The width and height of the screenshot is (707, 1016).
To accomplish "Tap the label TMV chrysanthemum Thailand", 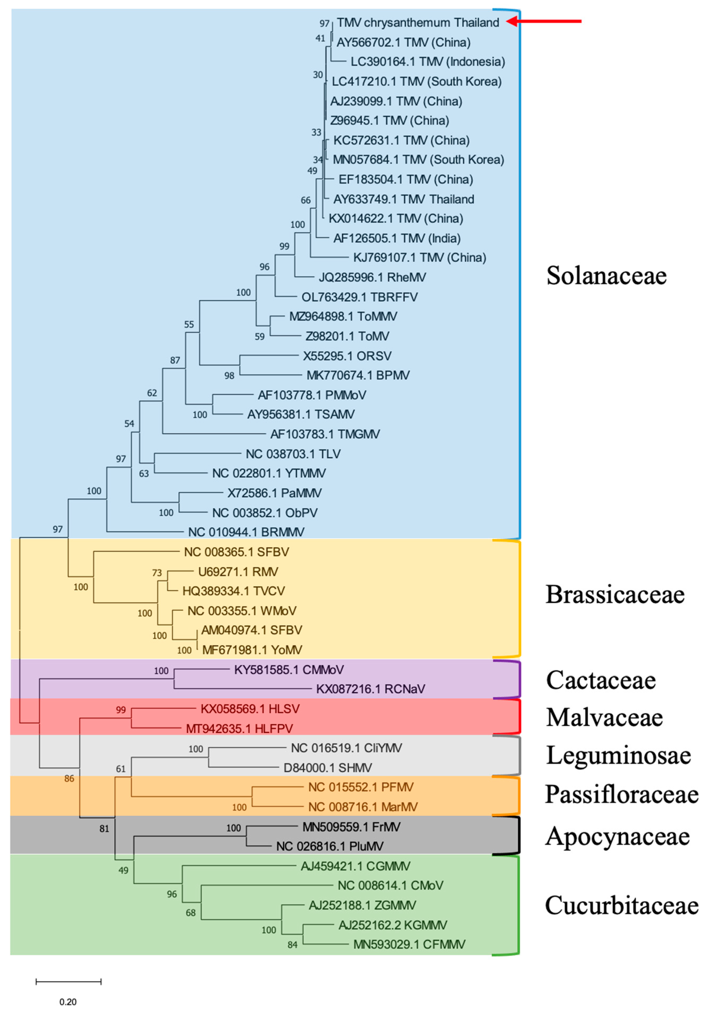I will [418, 22].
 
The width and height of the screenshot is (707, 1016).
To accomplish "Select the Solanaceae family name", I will [606, 276].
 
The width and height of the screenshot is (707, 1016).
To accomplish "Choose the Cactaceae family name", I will [600, 680].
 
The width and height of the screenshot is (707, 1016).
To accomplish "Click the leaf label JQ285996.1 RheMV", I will [372, 277].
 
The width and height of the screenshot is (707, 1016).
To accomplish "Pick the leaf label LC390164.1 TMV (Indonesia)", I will [427, 62].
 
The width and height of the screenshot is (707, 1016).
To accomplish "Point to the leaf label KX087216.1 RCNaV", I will [370, 689].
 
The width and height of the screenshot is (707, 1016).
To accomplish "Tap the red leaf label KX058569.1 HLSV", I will [250, 709].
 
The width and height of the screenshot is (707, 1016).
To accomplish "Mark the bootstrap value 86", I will [69, 778].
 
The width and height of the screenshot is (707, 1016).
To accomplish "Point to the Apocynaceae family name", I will [617, 836].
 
